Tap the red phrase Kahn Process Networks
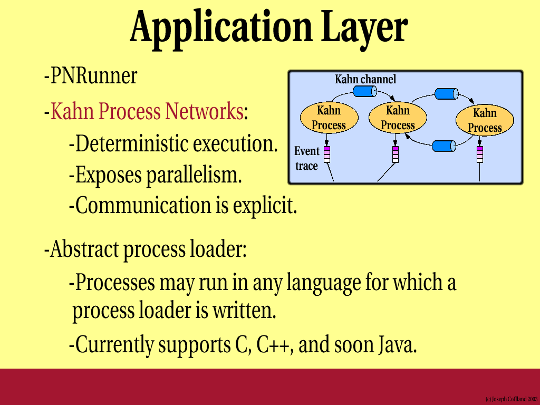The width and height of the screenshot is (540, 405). coord(147,111)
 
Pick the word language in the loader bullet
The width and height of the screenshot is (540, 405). coord(323,283)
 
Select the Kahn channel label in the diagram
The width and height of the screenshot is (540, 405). coord(365,80)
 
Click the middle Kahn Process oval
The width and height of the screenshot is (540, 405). coord(398,118)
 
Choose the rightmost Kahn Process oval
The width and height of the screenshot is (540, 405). coord(485,120)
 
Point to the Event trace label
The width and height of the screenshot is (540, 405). coord(307,158)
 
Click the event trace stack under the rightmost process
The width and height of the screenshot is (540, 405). coord(480,155)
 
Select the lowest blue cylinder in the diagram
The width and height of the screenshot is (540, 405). coord(444,146)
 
